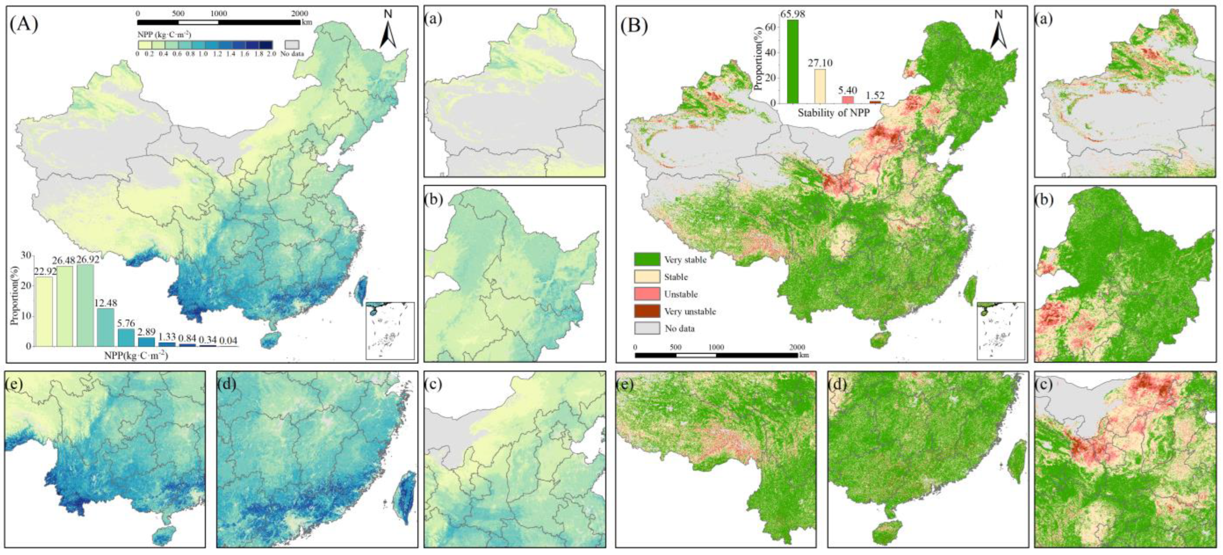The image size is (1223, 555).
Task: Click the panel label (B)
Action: (634, 26)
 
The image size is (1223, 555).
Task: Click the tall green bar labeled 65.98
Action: (793, 62)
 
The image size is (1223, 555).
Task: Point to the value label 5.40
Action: (848, 91)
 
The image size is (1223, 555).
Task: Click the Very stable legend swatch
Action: (647, 259)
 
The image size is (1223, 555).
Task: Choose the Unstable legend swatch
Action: (647, 294)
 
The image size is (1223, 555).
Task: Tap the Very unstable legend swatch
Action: (647, 311)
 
